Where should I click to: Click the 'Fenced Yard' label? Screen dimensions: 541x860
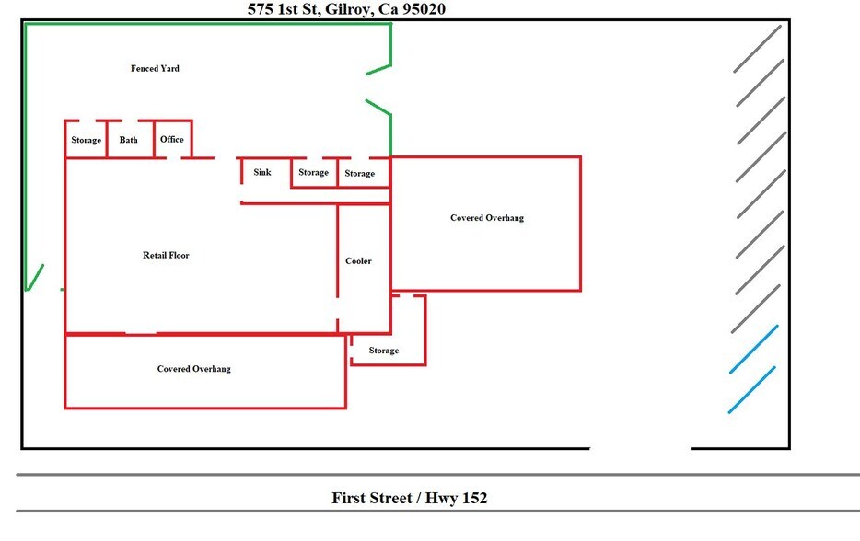(155, 68)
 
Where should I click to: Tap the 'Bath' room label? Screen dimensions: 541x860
(128, 140)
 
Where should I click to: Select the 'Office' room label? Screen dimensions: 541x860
(172, 139)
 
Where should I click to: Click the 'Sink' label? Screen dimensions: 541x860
(262, 172)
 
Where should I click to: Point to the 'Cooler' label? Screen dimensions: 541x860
(358, 261)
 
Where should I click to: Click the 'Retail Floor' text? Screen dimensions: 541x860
(166, 255)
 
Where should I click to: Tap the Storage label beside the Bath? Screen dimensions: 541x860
(86, 140)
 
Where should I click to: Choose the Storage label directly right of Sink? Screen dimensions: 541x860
(313, 172)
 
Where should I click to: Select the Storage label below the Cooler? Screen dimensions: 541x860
(384, 351)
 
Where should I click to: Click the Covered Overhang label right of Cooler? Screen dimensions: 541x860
(487, 218)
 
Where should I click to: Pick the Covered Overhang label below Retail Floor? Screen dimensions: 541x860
(193, 369)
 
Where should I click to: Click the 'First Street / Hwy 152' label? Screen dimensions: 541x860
(409, 498)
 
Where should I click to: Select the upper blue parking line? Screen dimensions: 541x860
(754, 349)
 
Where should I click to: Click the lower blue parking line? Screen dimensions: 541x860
(751, 389)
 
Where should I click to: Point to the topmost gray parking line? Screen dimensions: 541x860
(758, 48)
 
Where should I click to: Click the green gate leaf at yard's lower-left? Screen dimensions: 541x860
(34, 278)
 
